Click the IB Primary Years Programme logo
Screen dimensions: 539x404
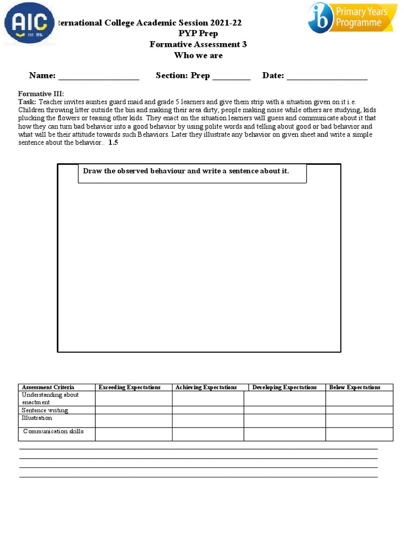click(x=352, y=18)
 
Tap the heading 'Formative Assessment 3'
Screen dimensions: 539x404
click(x=198, y=44)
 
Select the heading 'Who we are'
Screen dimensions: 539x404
click(x=198, y=55)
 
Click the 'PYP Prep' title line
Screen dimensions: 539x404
click(x=198, y=33)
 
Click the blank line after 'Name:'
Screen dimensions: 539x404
click(x=98, y=77)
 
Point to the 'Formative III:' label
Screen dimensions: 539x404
click(x=41, y=94)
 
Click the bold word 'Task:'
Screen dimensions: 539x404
click(x=27, y=102)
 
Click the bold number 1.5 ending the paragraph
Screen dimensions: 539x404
click(x=113, y=143)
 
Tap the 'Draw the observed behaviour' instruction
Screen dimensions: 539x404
click(x=186, y=171)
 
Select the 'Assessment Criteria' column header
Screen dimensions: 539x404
click(x=48, y=387)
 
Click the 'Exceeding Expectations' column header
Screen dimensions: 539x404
click(x=129, y=387)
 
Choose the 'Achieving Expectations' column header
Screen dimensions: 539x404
click(x=206, y=387)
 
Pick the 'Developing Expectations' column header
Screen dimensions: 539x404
click(x=284, y=387)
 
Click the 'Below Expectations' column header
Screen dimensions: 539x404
click(x=355, y=387)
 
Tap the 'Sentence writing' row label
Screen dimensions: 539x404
click(x=45, y=410)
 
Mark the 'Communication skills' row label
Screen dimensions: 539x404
click(x=53, y=432)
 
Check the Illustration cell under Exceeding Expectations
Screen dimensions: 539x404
click(x=133, y=420)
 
